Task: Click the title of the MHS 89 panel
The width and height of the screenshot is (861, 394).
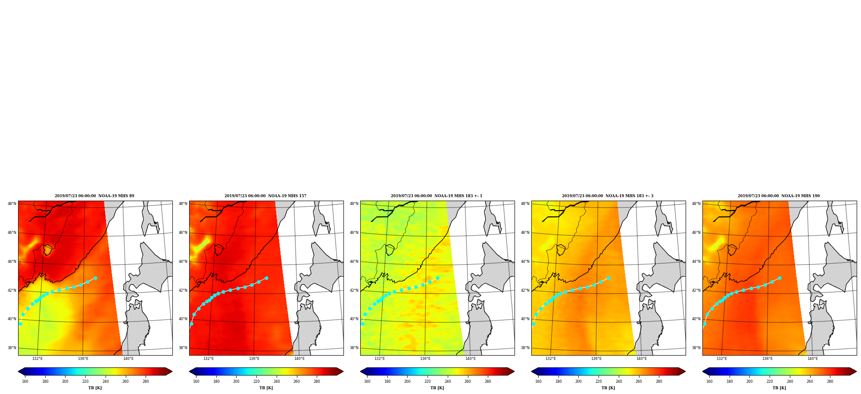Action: (x=94, y=196)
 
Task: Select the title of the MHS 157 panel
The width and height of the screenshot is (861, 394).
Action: (x=265, y=196)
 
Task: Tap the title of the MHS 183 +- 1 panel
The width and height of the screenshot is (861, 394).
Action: (x=437, y=196)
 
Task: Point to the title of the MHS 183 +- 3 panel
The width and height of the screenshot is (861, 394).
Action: (x=608, y=196)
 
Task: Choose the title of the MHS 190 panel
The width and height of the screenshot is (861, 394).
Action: (x=779, y=196)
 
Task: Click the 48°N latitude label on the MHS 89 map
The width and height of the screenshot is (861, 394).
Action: (x=12, y=204)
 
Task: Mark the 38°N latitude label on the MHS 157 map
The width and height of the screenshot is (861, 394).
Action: (x=183, y=348)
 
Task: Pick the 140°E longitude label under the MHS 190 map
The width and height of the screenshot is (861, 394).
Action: (x=813, y=359)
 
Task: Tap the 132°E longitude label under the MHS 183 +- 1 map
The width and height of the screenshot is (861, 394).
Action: (x=380, y=359)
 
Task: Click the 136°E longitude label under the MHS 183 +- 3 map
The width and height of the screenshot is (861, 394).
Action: (x=596, y=359)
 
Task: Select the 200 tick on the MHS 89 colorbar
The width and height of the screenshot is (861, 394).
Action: (x=65, y=381)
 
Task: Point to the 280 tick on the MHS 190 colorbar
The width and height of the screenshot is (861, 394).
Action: (x=830, y=381)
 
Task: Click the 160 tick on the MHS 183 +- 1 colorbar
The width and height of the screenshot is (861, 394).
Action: (x=367, y=381)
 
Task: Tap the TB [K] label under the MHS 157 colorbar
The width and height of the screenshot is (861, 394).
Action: (x=266, y=388)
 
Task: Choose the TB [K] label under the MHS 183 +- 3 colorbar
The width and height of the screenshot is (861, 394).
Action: (x=608, y=388)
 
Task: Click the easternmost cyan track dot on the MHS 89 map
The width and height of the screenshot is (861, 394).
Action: (x=95, y=278)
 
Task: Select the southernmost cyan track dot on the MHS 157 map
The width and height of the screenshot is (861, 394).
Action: (x=191, y=324)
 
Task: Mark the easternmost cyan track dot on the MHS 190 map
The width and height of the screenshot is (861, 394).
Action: (x=780, y=278)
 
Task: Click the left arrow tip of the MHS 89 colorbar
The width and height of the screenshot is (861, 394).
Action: (x=18, y=372)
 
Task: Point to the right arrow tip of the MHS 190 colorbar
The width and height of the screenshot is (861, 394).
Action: (x=857, y=372)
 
